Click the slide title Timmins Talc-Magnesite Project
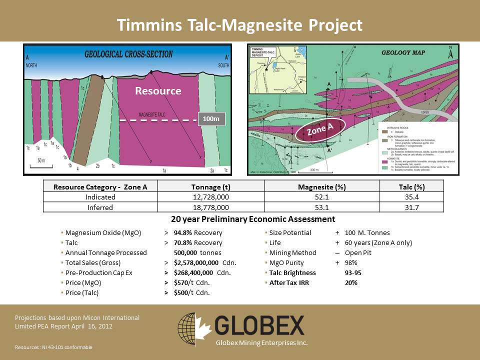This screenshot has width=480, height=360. click(x=239, y=24)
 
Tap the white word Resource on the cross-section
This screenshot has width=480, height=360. click(x=158, y=91)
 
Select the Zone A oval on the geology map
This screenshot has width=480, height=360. click(x=320, y=129)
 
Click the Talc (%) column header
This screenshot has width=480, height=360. click(x=412, y=187)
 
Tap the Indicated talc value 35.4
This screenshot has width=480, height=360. click(x=412, y=197)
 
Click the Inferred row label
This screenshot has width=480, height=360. click(x=99, y=207)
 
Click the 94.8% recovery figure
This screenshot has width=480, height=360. click(x=183, y=233)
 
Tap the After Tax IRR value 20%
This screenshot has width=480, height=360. click(x=351, y=282)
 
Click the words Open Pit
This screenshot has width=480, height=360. click(x=358, y=252)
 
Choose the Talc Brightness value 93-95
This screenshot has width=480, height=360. click(x=354, y=272)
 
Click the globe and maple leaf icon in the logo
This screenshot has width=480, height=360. click(x=193, y=326)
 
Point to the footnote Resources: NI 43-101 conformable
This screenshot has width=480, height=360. click(x=53, y=347)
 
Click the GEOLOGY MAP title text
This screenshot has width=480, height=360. click(x=403, y=52)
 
